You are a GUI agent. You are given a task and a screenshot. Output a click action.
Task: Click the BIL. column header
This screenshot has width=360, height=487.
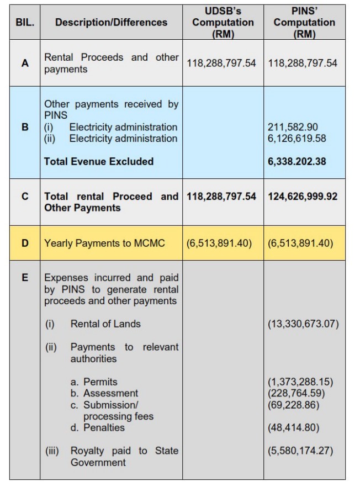[x=24, y=22]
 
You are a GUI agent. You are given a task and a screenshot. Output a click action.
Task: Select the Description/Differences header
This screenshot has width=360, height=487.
[x=111, y=22]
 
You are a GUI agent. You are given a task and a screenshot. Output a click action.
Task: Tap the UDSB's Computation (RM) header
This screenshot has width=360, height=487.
[x=223, y=22]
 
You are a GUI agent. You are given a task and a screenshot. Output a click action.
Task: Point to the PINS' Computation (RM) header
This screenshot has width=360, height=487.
[x=304, y=22]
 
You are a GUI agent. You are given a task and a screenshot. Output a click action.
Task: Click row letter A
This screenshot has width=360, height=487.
[x=24, y=63]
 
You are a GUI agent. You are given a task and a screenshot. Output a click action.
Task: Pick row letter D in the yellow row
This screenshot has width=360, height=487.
[x=24, y=242]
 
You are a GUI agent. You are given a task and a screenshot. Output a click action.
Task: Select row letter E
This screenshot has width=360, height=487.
[x=24, y=278]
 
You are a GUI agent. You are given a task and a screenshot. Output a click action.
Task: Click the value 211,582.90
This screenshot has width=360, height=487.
[x=293, y=127]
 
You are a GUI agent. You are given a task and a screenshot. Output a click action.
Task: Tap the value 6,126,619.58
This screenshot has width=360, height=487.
[x=297, y=138]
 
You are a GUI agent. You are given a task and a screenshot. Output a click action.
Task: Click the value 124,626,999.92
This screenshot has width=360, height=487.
[x=303, y=196]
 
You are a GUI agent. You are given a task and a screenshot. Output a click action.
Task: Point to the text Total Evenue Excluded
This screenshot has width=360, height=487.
[x=99, y=161]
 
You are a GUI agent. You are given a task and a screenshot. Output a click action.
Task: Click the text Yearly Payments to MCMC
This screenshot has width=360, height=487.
[x=104, y=242]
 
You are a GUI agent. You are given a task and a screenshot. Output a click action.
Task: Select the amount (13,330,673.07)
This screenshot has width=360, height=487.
[x=303, y=324]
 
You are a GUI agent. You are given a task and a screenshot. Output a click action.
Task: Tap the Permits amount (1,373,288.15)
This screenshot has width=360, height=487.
[x=300, y=382]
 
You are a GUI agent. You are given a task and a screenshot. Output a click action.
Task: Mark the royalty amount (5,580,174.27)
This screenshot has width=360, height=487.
[x=300, y=451]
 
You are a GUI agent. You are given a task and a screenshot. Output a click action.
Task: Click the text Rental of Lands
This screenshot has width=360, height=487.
[x=105, y=324]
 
